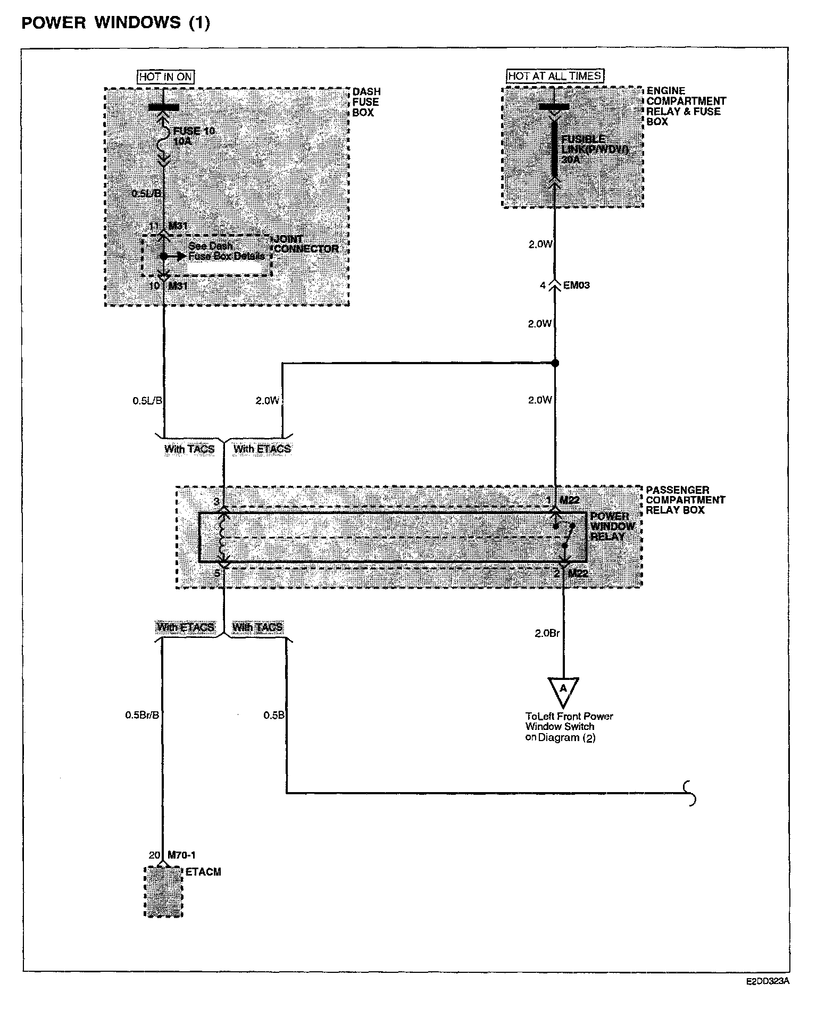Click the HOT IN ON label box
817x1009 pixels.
tap(165, 77)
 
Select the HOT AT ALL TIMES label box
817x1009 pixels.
tap(555, 76)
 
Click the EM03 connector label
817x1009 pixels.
tap(576, 285)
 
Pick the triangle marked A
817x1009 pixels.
tap(563, 690)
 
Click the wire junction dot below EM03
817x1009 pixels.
tap(555, 364)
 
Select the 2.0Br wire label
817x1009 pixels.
tap(547, 633)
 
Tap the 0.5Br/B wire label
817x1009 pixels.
tap(142, 715)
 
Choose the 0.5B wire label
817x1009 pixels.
tap(274, 715)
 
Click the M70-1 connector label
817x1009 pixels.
tap(181, 855)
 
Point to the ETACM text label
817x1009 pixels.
tap(203, 872)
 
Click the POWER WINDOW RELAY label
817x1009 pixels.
tap(612, 526)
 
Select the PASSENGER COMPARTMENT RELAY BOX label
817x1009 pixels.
tap(685, 500)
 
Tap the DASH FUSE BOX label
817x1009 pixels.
tap(366, 102)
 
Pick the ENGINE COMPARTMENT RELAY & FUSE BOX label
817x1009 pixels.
tap(686, 106)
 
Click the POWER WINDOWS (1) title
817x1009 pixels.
tap(115, 23)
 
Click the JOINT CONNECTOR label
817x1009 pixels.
tap(306, 244)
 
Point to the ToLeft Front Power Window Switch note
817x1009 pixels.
tap(569, 727)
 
